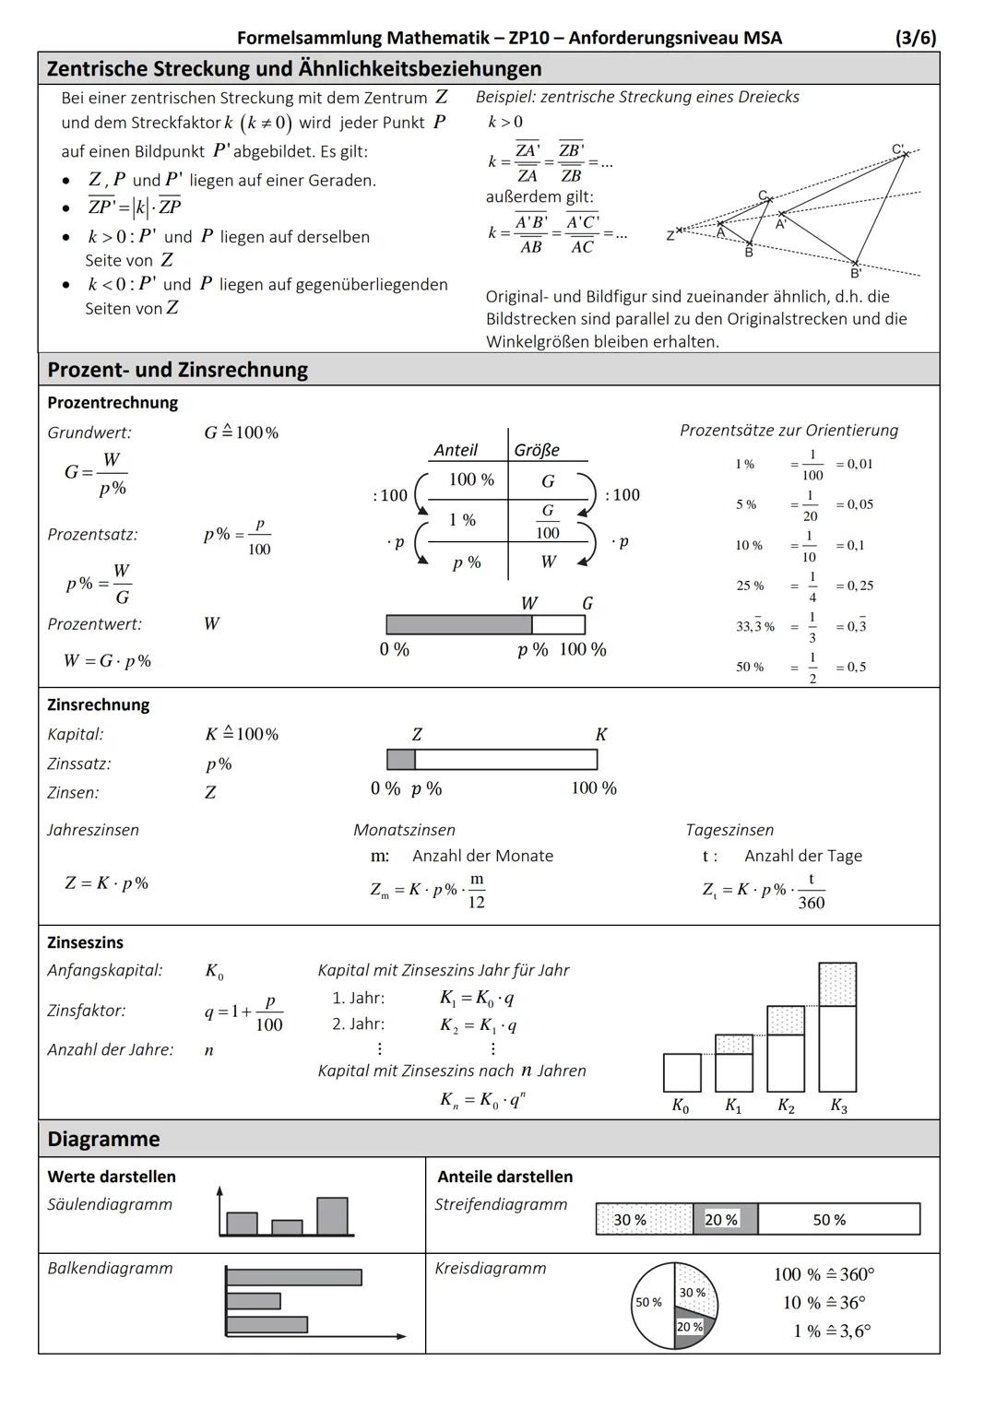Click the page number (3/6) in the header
point(915,38)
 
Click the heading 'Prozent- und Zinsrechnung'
point(178,370)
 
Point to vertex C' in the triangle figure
point(905,153)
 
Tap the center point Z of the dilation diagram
point(679,231)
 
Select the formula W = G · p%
point(107,661)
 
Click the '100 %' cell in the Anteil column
point(471,479)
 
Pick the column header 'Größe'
point(537,450)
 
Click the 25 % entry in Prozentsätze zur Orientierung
point(750,586)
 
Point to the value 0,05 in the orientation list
point(854,504)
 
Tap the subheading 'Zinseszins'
point(85,942)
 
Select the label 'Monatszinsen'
point(404,830)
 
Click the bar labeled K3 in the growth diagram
point(837,1028)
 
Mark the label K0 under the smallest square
point(680,1106)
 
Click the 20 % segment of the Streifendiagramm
point(724,1219)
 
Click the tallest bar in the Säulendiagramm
point(332,1216)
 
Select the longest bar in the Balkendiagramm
point(293,1277)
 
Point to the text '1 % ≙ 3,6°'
point(831,1331)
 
